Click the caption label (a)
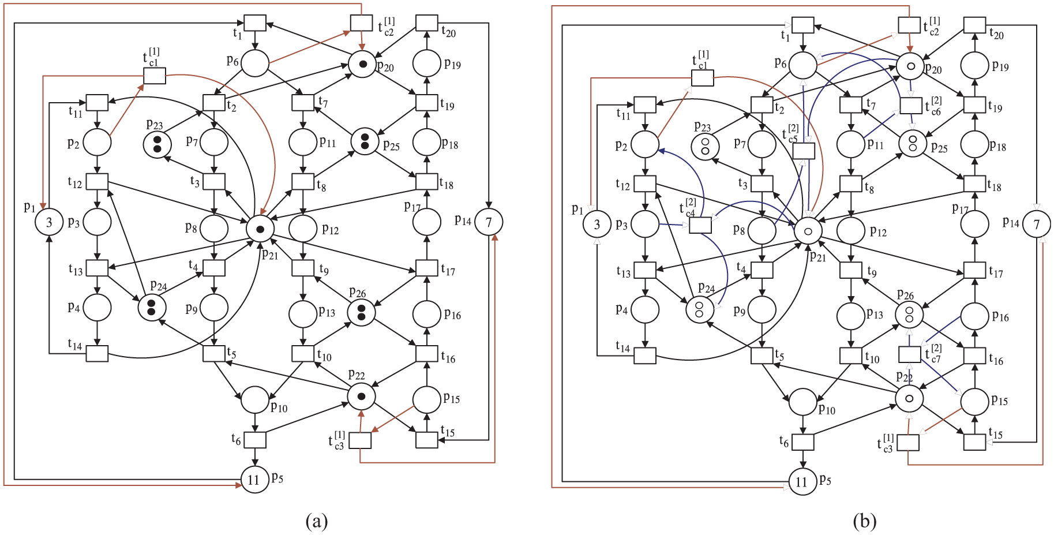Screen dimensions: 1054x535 [x=316, y=521]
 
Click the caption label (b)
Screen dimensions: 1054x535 [x=864, y=521]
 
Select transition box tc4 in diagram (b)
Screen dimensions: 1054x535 [x=700, y=225]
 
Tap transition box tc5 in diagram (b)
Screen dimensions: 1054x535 [x=804, y=151]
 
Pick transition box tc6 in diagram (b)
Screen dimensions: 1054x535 [x=911, y=106]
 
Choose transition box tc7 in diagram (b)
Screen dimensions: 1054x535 [x=910, y=354]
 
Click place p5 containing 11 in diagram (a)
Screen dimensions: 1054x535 [x=254, y=479]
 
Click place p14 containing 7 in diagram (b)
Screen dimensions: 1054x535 [x=1037, y=224]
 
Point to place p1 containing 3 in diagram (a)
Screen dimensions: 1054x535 [x=49, y=222]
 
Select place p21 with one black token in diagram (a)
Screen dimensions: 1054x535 [x=260, y=229]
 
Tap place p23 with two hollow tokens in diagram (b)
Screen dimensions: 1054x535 [x=705, y=145]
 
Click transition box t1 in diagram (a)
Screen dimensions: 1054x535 [x=255, y=23]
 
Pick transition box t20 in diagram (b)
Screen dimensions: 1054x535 [x=974, y=25]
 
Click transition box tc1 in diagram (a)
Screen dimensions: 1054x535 [x=155, y=76]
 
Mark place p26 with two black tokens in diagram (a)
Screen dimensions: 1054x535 [x=362, y=312]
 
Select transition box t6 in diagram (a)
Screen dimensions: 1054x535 [x=255, y=440]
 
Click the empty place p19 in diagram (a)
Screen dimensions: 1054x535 [x=427, y=63]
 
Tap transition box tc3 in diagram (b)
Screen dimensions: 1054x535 [x=908, y=443]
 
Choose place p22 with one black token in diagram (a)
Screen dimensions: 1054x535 [x=362, y=396]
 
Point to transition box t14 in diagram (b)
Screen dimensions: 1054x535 [x=645, y=356]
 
